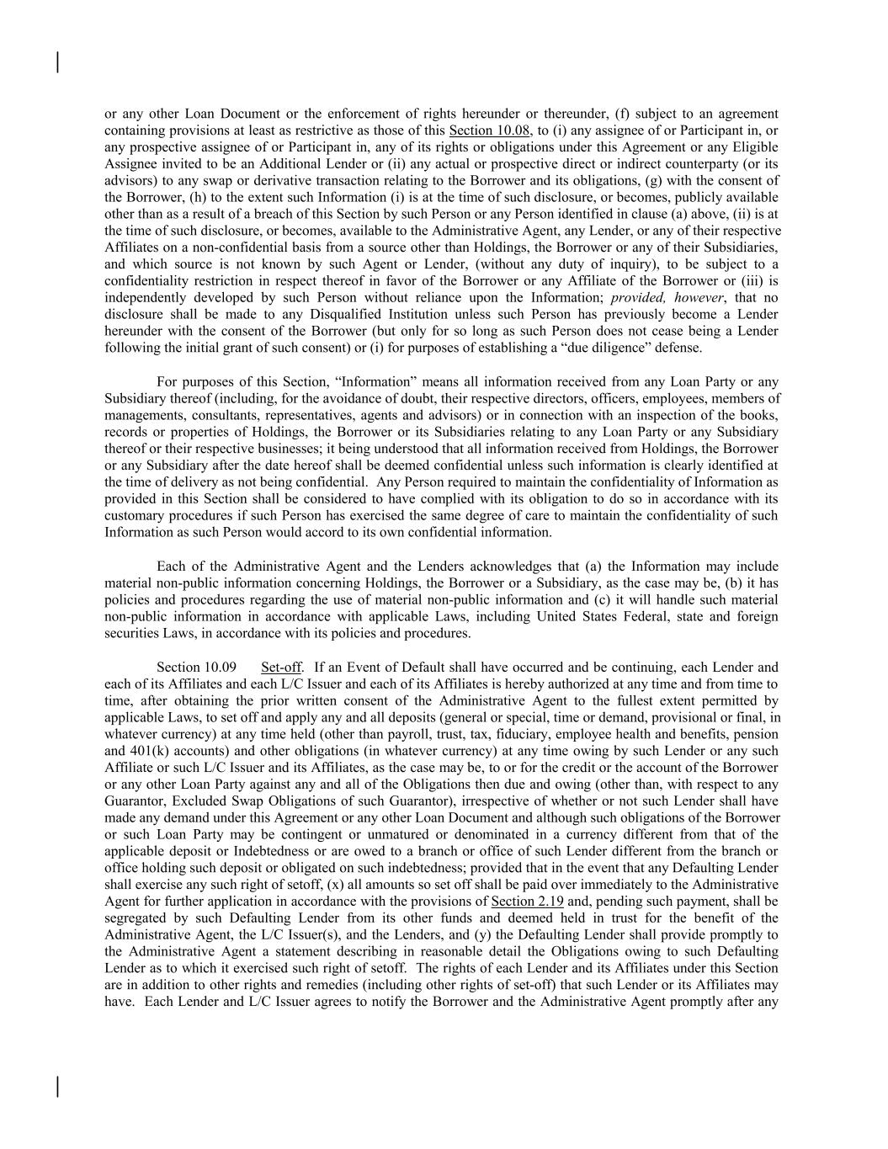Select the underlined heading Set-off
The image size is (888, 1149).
point(281,668)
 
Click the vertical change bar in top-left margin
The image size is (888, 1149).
point(57,63)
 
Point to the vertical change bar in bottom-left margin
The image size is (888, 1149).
point(57,1087)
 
